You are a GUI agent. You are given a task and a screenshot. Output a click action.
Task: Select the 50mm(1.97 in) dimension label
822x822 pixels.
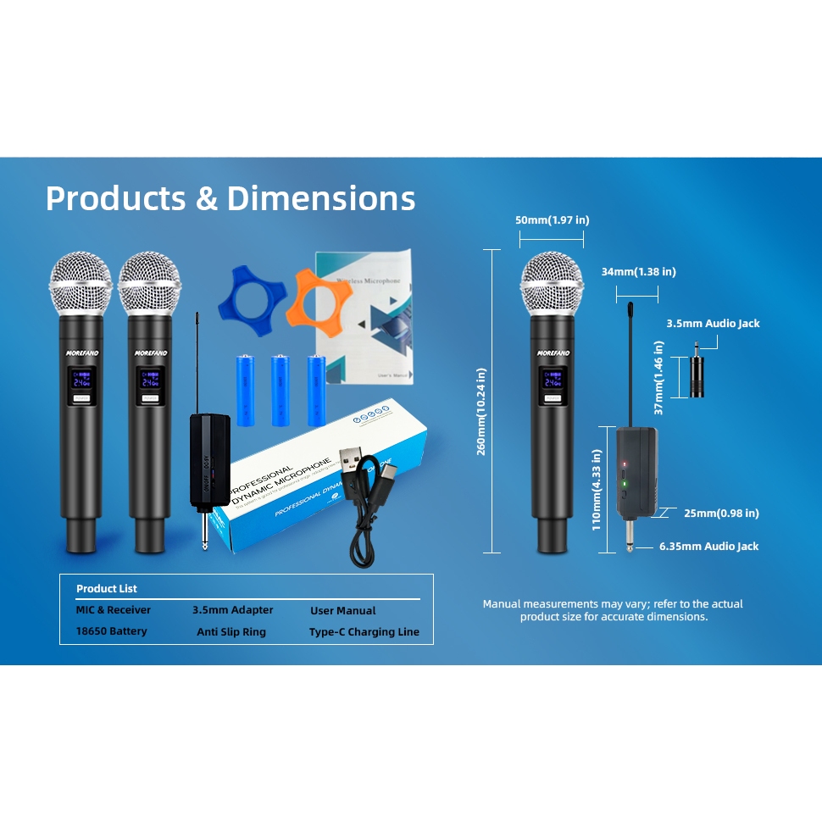pyautogui.click(x=552, y=220)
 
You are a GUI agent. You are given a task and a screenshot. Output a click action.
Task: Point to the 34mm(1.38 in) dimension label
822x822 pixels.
pyautogui.click(x=638, y=272)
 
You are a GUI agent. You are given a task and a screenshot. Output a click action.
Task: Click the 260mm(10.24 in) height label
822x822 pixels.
pyautogui.click(x=481, y=411)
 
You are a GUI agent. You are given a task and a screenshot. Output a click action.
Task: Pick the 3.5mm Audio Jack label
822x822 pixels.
pyautogui.click(x=713, y=324)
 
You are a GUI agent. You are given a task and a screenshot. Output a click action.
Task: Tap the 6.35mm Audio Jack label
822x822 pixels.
pyautogui.click(x=708, y=547)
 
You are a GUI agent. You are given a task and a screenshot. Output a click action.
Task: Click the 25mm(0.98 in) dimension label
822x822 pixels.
pyautogui.click(x=721, y=513)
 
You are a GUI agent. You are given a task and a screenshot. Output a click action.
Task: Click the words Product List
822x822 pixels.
pyautogui.click(x=107, y=589)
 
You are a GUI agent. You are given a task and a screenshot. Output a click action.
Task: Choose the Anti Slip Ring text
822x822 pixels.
pyautogui.click(x=231, y=632)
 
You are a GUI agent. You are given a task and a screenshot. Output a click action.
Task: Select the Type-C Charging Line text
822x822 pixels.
pyautogui.click(x=364, y=632)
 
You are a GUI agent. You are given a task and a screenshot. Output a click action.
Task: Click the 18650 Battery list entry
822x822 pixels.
pyautogui.click(x=111, y=631)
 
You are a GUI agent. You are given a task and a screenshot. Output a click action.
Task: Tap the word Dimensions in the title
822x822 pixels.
pyautogui.click(x=321, y=198)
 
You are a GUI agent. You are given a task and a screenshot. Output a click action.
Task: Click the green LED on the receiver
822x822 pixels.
pyautogui.click(x=625, y=484)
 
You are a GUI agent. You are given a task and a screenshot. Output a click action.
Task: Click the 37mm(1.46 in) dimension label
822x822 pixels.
pyautogui.click(x=658, y=378)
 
